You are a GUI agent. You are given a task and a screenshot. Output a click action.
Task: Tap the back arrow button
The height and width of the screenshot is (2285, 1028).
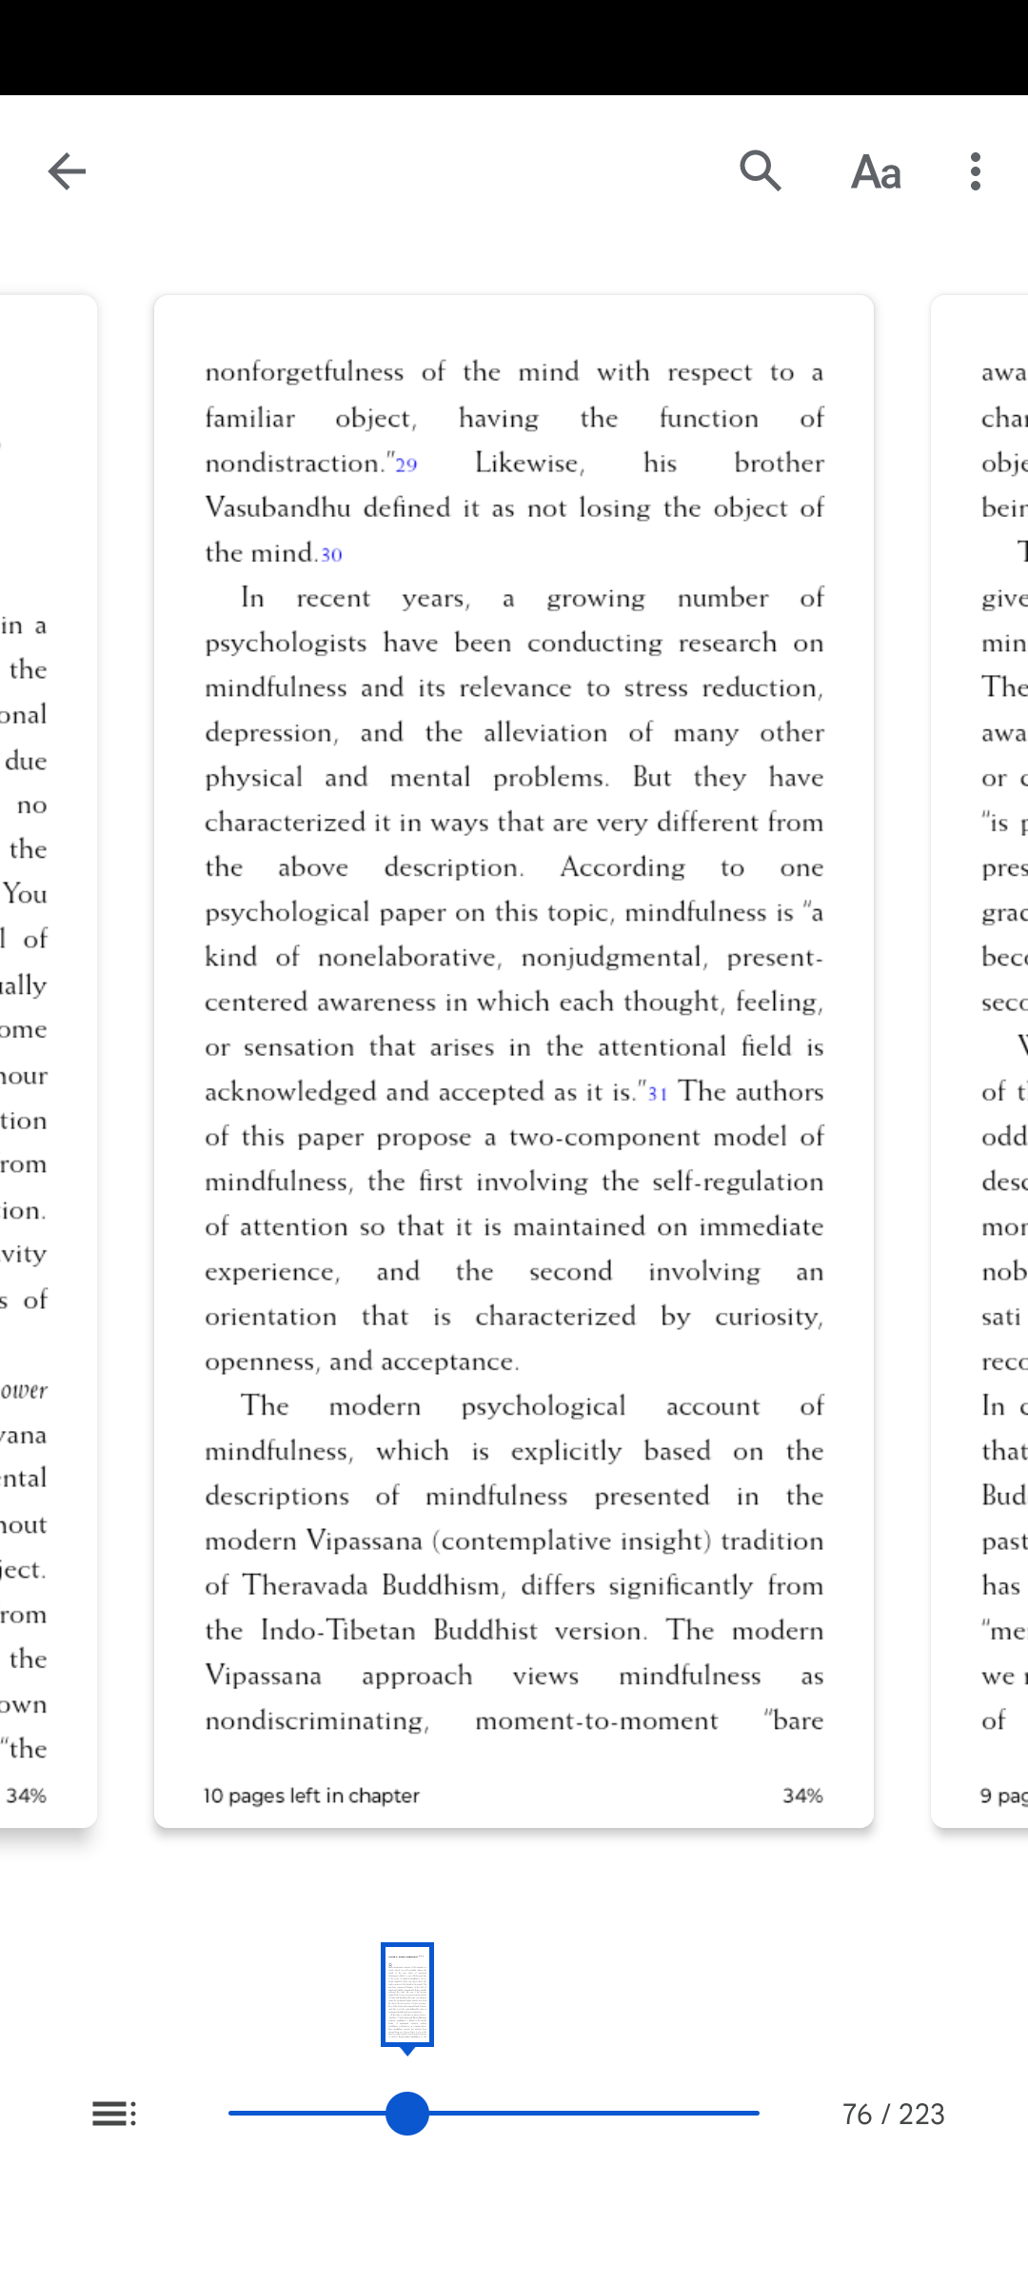tap(67, 171)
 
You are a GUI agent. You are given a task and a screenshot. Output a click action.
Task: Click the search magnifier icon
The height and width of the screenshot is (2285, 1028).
tap(761, 171)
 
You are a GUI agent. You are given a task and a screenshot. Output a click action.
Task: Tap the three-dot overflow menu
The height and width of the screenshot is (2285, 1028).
tap(975, 171)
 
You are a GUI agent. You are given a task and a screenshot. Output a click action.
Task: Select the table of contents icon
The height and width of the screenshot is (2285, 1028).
tap(114, 2114)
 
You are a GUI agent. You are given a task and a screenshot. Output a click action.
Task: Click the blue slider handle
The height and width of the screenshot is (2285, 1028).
tap(407, 2114)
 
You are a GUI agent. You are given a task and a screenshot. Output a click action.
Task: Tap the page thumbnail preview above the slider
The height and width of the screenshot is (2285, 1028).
tap(407, 1995)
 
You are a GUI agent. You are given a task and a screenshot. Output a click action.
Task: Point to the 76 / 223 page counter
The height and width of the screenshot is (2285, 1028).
tap(893, 2115)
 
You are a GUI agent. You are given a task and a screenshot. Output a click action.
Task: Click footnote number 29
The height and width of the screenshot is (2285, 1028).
tap(406, 465)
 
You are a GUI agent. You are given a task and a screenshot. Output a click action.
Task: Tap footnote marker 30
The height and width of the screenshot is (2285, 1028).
tap(331, 554)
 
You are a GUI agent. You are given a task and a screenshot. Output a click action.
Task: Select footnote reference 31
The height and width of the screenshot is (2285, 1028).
tap(658, 1093)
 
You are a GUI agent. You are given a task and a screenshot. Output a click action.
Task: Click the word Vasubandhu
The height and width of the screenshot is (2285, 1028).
tap(278, 507)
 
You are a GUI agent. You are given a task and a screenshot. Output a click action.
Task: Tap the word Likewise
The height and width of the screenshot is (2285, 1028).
tap(529, 463)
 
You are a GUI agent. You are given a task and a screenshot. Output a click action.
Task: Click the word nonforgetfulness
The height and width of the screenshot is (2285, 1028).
tap(305, 372)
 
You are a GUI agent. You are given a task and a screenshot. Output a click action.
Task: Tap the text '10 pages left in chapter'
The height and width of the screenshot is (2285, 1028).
tap(311, 1796)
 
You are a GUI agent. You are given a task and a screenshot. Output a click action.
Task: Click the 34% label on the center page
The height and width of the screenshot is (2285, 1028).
tap(802, 1796)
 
